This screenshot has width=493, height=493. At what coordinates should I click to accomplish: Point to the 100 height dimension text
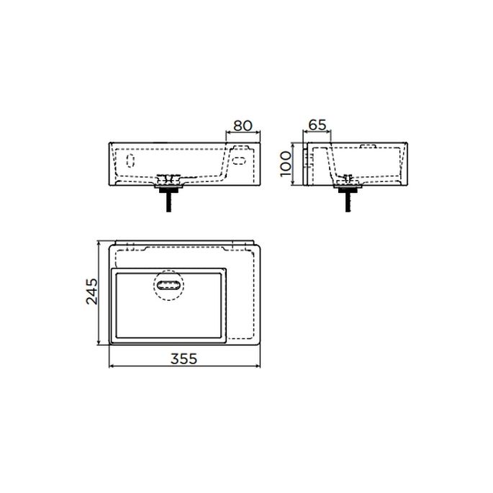pyautogui.click(x=286, y=165)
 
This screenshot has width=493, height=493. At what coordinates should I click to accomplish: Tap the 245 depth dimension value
pyautogui.click(x=91, y=291)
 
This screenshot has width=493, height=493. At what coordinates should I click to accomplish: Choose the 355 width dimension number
pyautogui.click(x=184, y=358)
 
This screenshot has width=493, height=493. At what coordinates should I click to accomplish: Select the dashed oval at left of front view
pyautogui.click(x=131, y=159)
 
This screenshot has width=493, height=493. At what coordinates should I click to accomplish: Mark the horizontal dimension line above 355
pyautogui.click(x=184, y=366)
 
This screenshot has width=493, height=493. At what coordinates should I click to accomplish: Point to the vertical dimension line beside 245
pyautogui.click(x=99, y=291)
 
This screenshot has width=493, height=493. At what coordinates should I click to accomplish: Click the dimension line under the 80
pyautogui.click(x=243, y=133)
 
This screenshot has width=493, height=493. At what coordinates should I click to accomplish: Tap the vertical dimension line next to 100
pyautogui.click(x=294, y=165)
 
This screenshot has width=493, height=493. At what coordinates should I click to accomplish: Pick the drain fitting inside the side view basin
pyautogui.click(x=349, y=177)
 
